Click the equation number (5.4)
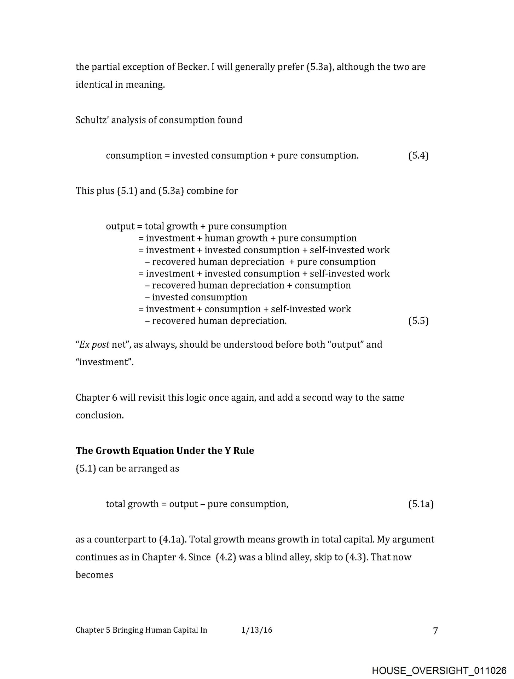pyautogui.click(x=418, y=156)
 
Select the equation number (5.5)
pyautogui.click(x=418, y=321)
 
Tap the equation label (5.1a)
pyautogui.click(x=421, y=504)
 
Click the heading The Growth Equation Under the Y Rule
pyautogui.click(x=165, y=451)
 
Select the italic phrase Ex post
pyautogui.click(x=94, y=344)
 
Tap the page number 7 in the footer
pyautogui.click(x=435, y=631)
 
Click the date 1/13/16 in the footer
pyautogui.click(x=257, y=630)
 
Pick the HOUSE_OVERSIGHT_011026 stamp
pyautogui.click(x=439, y=661)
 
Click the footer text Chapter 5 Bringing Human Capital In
pyautogui.click(x=141, y=630)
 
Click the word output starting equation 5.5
pyautogui.click(x=120, y=227)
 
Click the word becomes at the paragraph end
pyautogui.click(x=94, y=575)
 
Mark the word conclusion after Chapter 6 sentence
pyautogui.click(x=99, y=416)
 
